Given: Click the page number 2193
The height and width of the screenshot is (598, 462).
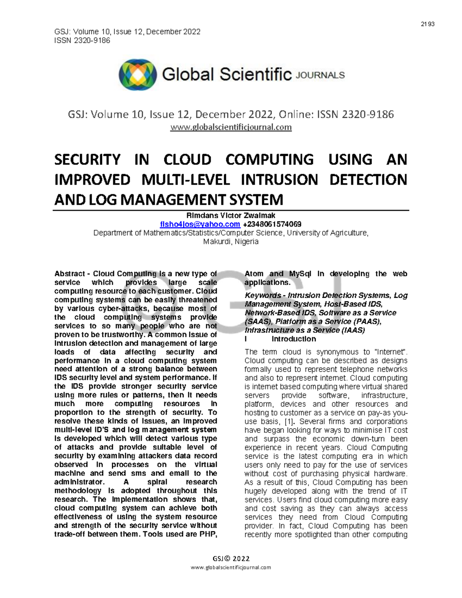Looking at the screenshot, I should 427,24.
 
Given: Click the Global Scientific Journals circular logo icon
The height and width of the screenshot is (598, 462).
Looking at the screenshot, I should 137,75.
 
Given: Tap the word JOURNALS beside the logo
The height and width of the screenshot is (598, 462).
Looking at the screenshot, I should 320,75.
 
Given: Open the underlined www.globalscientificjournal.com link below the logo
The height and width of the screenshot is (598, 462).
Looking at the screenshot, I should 231,127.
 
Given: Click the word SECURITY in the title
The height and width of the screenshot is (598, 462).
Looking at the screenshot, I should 87,160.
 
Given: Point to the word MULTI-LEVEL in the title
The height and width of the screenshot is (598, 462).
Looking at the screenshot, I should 186,180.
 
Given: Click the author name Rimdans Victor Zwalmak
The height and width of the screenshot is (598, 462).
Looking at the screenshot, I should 231,216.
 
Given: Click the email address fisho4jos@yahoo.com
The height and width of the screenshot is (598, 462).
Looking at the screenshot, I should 200,224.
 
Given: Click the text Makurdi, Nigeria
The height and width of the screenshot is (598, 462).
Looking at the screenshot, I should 231,242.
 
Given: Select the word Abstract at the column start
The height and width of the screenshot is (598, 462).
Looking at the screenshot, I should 70,274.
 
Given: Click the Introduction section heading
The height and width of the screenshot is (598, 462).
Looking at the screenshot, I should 293,339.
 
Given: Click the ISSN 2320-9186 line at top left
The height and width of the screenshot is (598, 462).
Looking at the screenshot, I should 82,40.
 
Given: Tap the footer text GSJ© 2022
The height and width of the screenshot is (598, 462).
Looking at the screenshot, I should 231,559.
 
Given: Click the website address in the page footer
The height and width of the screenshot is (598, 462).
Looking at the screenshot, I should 231,567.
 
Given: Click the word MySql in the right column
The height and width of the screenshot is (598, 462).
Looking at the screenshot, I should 300,274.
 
